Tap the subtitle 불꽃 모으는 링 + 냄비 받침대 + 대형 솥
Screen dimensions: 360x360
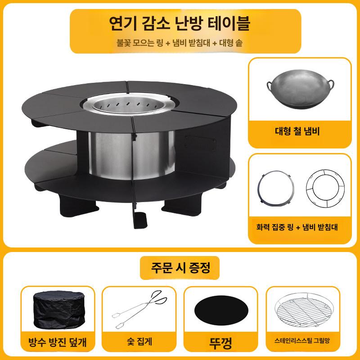[x=180, y=43]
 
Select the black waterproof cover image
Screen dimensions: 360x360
[x=57, y=310]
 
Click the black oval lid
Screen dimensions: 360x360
[x=220, y=310]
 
